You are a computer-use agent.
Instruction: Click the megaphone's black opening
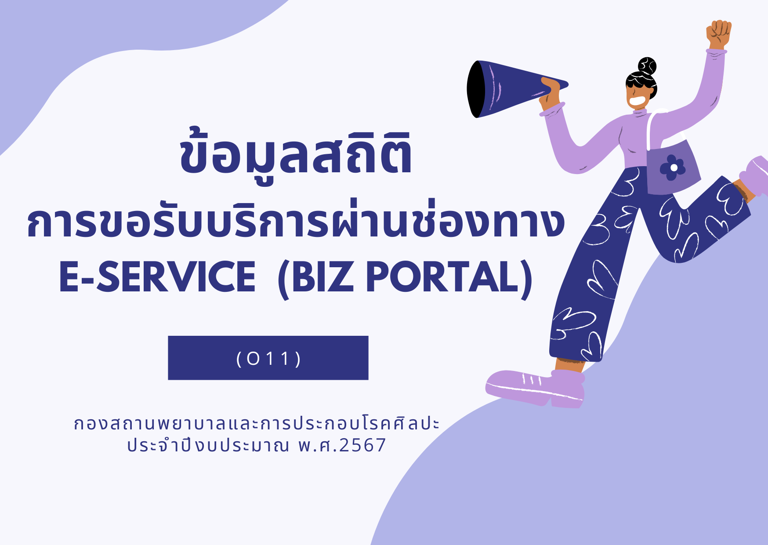[x=475, y=89]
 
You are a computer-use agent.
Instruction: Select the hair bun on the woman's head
[x=647, y=66]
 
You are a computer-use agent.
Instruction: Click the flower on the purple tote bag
[x=672, y=167]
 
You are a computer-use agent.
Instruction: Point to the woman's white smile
[x=636, y=102]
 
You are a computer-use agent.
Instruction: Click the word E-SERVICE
[x=157, y=276]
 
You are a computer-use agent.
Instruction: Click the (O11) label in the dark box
[x=268, y=359]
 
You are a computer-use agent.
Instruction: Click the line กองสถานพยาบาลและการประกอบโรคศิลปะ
[x=257, y=423]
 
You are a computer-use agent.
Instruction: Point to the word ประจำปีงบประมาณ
[x=208, y=445]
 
